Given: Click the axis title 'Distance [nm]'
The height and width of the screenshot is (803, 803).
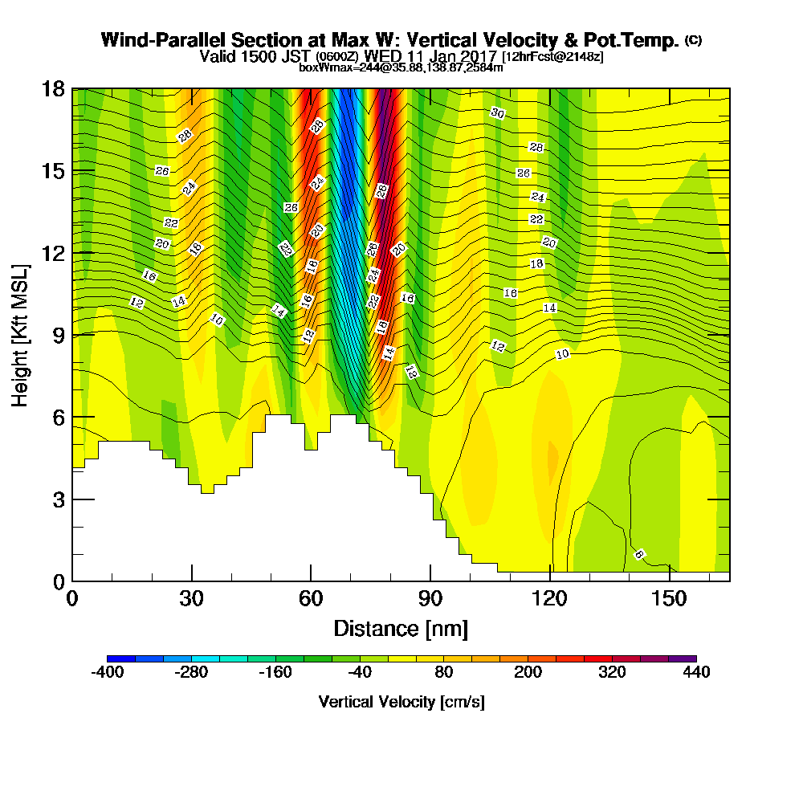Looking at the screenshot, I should (401, 628).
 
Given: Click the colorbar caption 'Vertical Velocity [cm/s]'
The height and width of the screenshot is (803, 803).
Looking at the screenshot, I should (401, 702).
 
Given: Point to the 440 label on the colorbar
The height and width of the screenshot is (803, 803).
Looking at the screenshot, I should (696, 673).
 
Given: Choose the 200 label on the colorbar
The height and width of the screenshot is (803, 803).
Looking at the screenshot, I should (528, 673).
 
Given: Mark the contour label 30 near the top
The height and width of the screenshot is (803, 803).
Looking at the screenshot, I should (497, 113).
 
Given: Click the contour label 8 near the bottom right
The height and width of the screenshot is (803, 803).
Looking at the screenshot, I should (639, 554).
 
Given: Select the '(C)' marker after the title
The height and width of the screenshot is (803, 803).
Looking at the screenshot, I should (693, 39).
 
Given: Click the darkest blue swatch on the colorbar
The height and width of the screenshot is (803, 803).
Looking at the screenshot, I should (120, 658).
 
